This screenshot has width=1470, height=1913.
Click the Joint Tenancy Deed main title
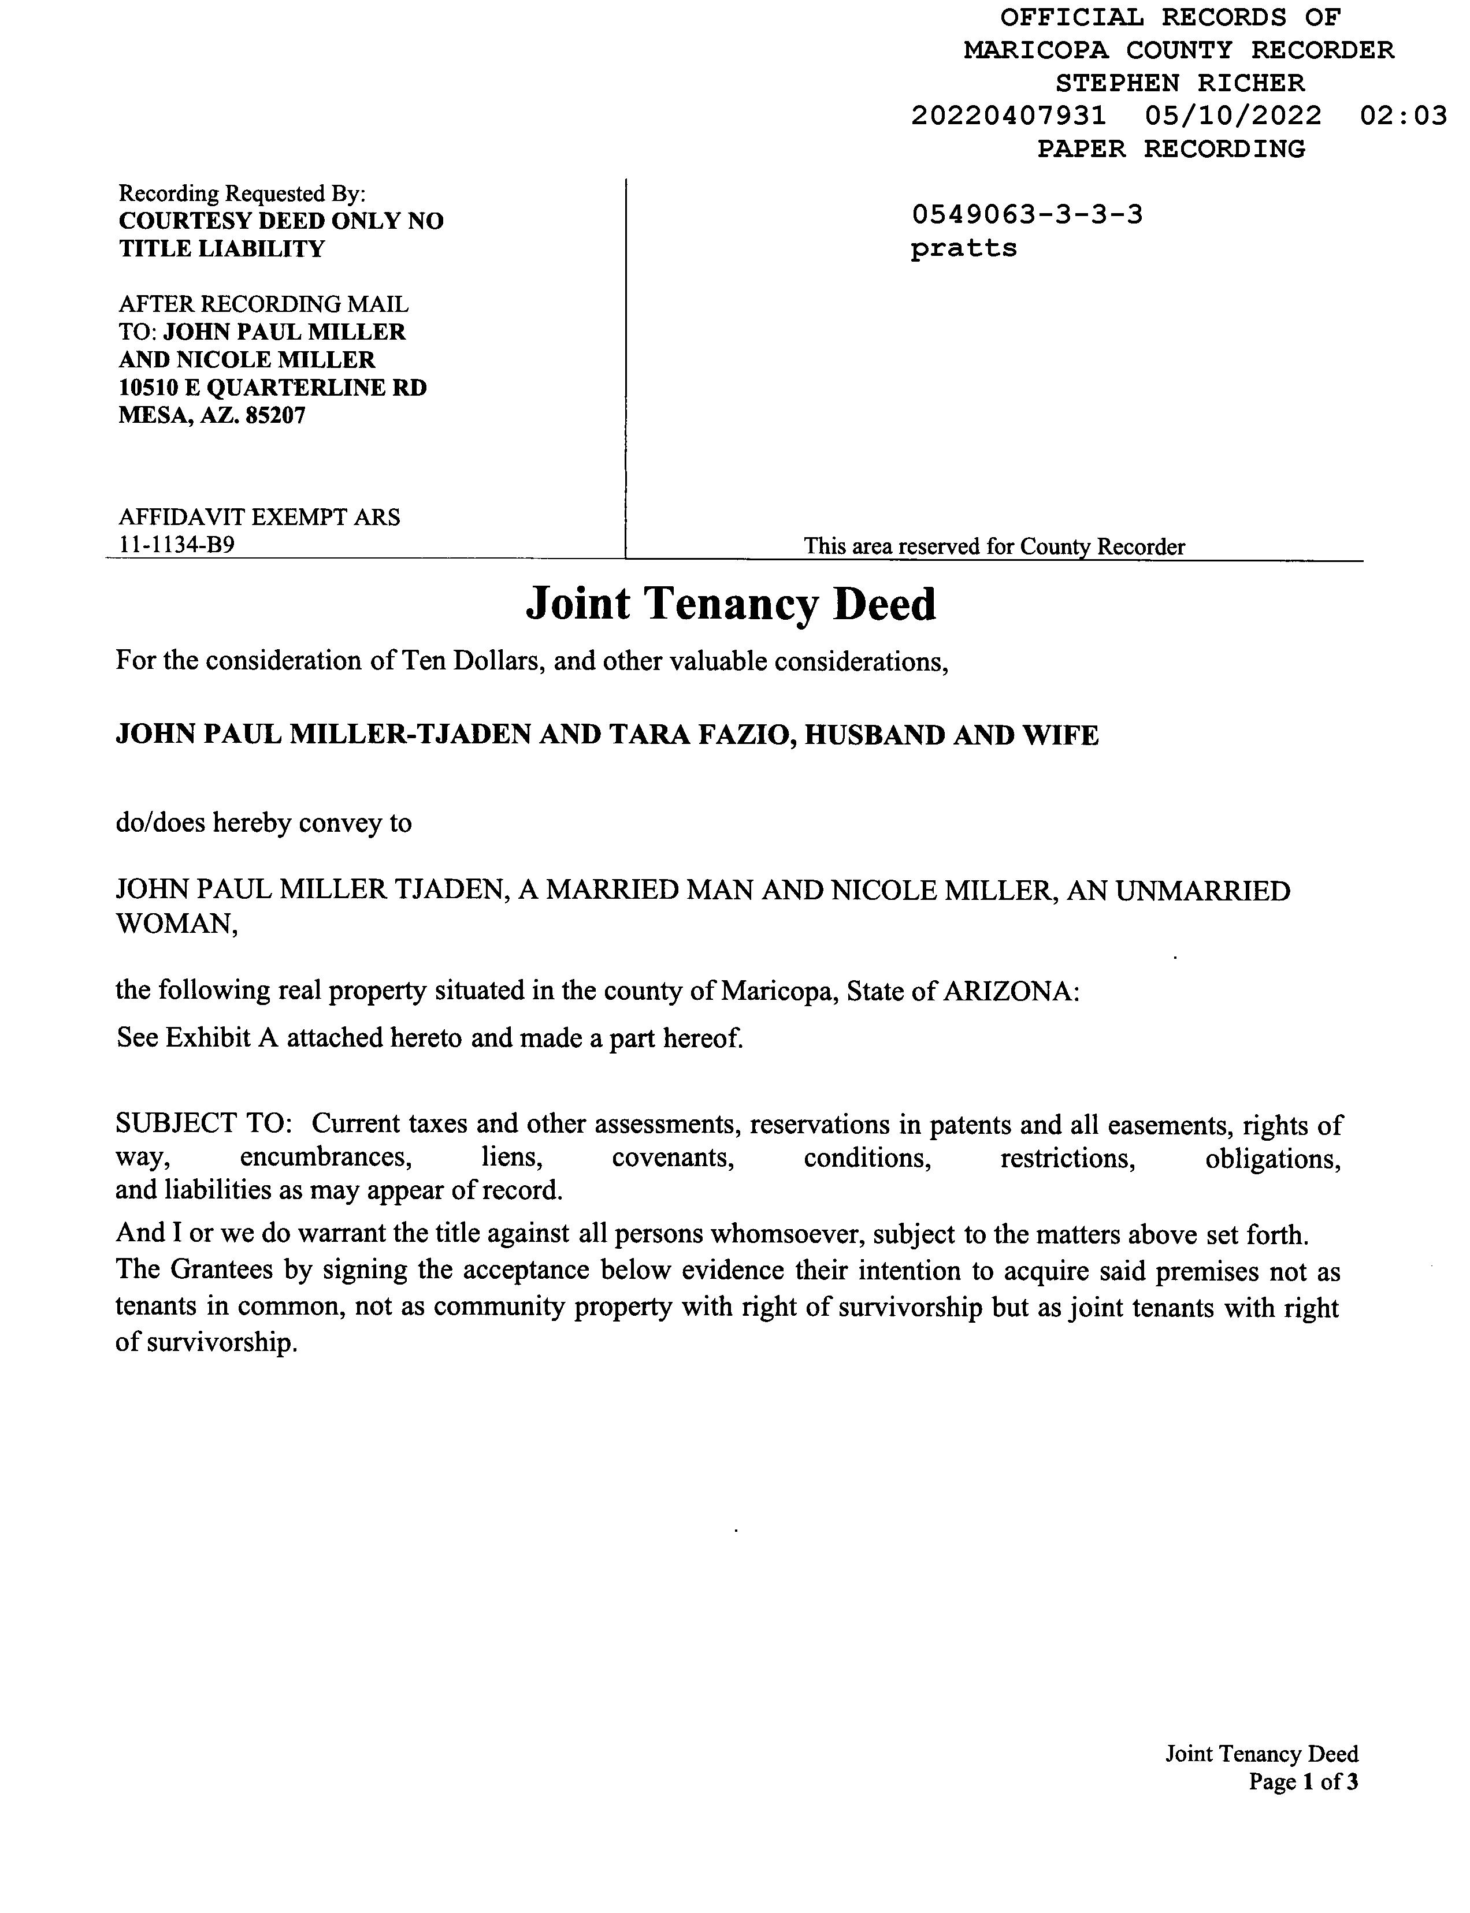730,604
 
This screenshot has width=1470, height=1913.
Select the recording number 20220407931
1008,116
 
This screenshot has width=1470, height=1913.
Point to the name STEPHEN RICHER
1179,83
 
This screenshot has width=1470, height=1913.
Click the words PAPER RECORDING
1171,148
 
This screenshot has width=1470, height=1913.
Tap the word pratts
963,248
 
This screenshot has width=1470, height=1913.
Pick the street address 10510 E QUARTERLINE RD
272,388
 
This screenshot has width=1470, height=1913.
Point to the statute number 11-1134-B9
176,545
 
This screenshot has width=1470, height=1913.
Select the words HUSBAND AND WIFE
951,735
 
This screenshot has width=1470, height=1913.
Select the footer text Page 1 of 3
1303,1782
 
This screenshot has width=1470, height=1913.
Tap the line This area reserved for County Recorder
994,547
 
